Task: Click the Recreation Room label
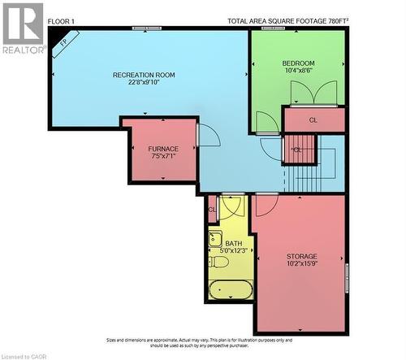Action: tap(144, 75)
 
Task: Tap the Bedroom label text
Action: tap(298, 63)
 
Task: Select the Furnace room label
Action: tap(163, 149)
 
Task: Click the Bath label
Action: tap(233, 243)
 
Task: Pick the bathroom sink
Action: tap(214, 239)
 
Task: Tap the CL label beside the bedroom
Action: tap(313, 120)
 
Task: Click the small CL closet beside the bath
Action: tap(212, 210)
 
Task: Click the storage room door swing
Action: tap(267, 203)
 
